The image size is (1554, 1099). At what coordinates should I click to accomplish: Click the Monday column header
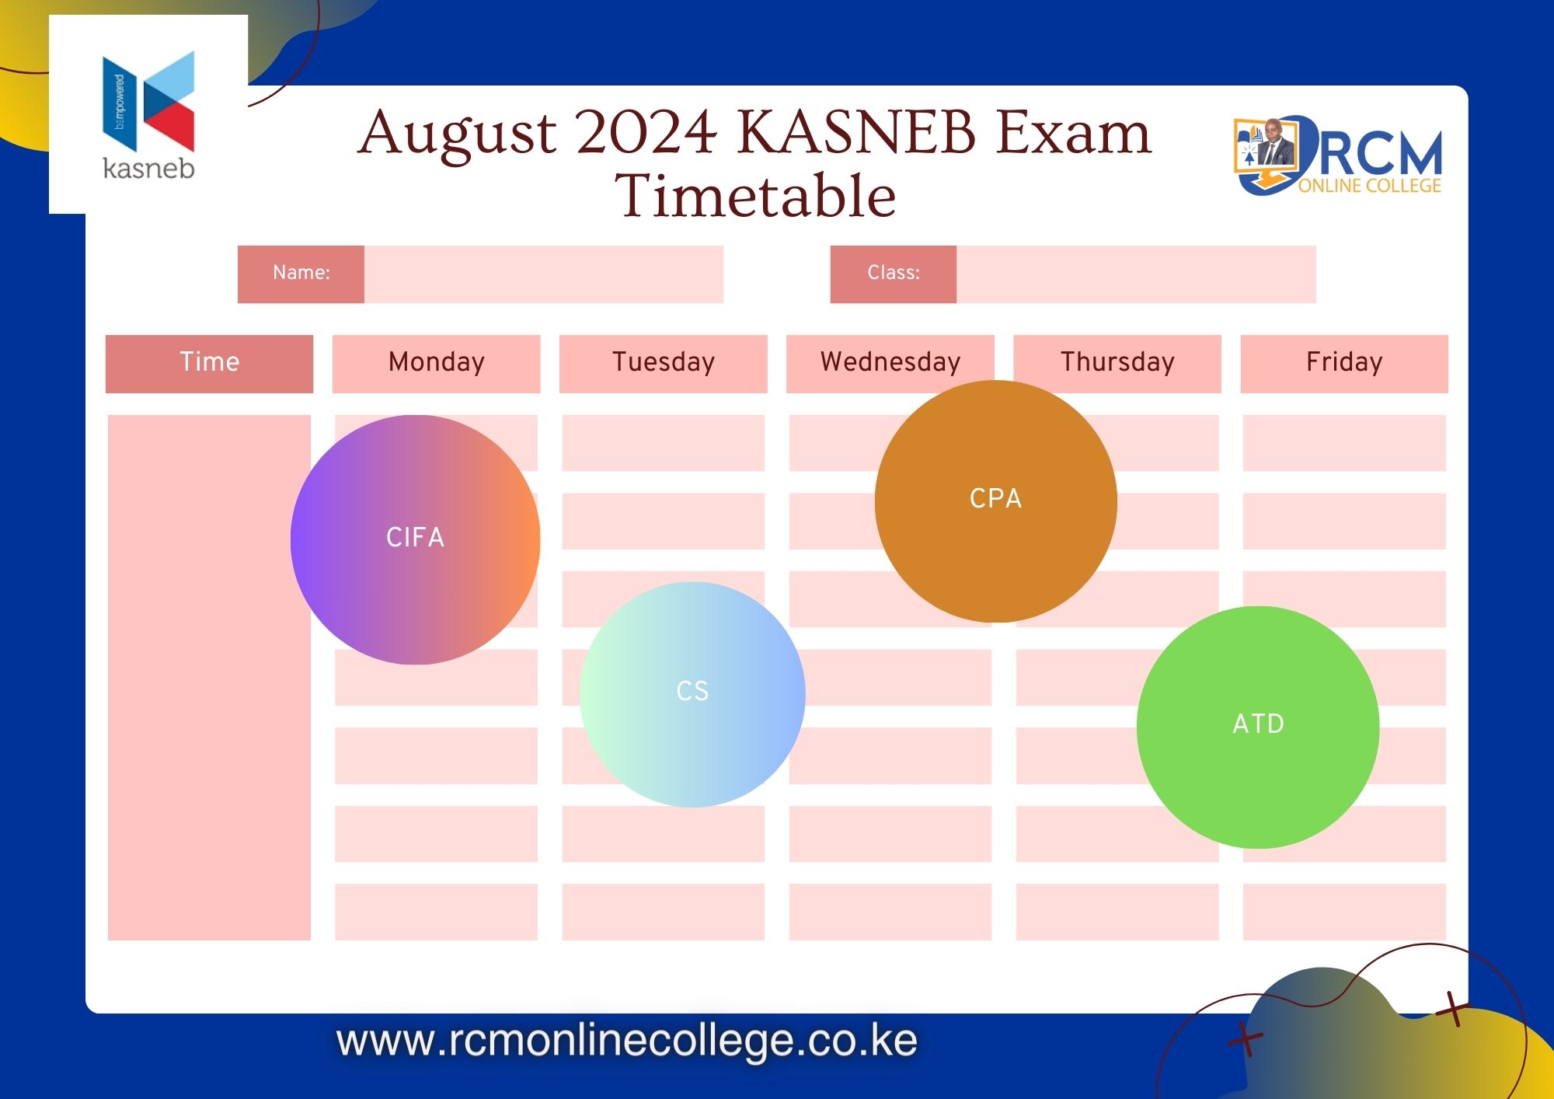(436, 364)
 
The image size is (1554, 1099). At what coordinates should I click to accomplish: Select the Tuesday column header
(663, 364)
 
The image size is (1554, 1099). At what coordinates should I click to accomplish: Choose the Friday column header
(1344, 364)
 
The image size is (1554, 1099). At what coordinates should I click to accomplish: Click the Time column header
(209, 364)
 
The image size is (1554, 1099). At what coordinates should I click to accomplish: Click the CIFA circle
(415, 539)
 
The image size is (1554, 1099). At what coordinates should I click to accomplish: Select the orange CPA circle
(996, 501)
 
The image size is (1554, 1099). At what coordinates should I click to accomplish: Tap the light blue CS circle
(692, 694)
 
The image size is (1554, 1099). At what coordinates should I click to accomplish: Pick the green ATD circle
(1258, 727)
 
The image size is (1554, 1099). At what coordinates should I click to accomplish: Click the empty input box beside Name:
(544, 274)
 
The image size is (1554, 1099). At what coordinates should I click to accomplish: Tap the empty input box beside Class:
(1136, 274)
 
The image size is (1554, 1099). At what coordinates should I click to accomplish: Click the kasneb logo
(148, 114)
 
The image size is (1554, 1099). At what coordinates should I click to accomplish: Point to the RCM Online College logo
(1338, 155)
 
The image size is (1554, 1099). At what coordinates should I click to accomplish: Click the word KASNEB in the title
(855, 132)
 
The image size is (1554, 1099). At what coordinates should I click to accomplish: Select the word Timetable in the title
(755, 195)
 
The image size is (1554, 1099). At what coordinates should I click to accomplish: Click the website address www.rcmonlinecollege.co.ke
(627, 1041)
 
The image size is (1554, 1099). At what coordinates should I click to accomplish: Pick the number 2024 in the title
(647, 132)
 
